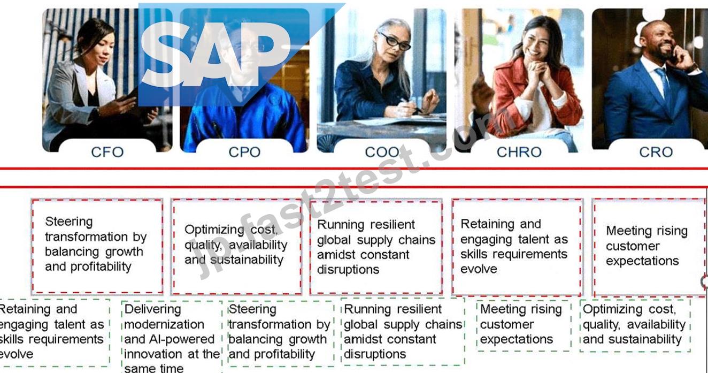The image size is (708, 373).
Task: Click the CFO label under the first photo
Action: point(107,152)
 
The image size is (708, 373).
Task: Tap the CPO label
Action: point(244,152)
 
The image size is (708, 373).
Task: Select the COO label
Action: point(382,152)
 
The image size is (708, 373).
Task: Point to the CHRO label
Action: point(519,152)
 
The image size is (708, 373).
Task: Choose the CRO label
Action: point(656,152)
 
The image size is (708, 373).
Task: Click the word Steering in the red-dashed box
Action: point(69,222)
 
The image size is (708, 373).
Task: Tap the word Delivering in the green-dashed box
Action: point(152,309)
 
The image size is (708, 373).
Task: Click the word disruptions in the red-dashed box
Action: point(348,270)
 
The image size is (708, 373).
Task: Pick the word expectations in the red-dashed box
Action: point(642,261)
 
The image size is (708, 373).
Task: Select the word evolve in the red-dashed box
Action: point(479,269)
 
